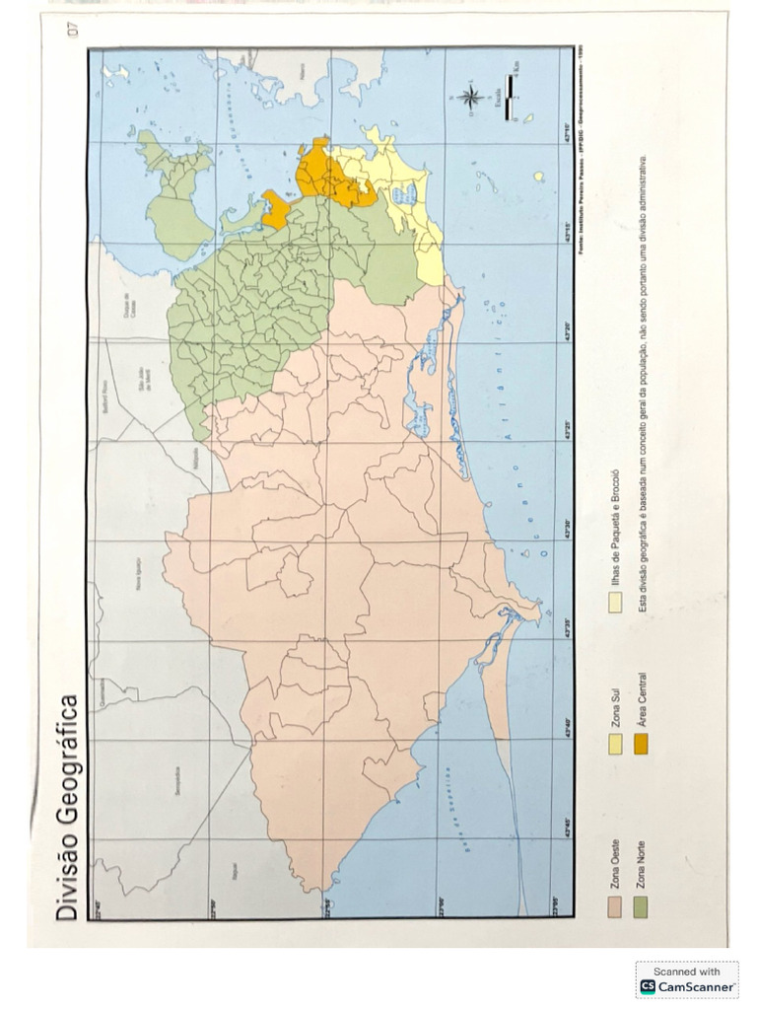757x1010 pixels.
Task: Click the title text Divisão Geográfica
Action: [x=67, y=808]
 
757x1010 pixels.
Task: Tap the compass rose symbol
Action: [x=470, y=98]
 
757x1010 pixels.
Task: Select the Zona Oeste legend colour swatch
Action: [x=616, y=906]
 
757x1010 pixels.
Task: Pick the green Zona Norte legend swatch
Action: [x=641, y=906]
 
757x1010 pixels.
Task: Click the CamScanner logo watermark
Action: [x=687, y=986]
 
